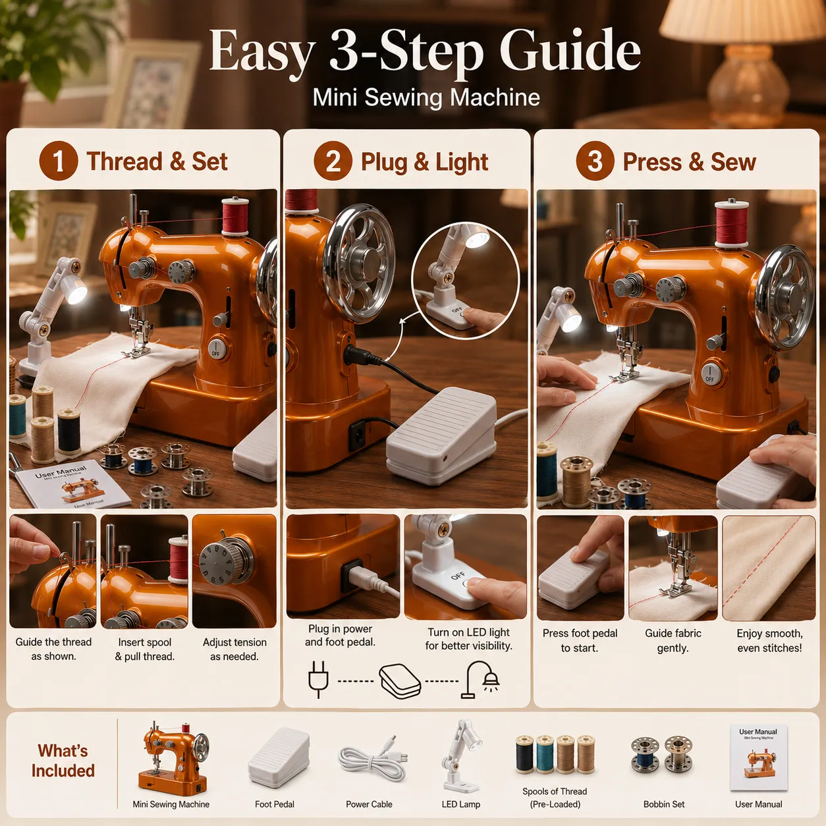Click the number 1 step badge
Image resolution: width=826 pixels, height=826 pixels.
59,161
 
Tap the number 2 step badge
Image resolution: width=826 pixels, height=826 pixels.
333,161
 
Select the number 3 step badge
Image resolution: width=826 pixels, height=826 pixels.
595,161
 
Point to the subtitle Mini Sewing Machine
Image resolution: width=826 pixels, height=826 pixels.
426,97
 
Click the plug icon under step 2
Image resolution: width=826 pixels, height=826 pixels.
319,679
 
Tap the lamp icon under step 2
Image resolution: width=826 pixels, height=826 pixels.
480,679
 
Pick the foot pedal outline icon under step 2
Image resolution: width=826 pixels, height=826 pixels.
400,681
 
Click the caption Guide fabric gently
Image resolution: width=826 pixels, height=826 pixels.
673,640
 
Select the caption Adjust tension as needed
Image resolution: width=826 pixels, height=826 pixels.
234,649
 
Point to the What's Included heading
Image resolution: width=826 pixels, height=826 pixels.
63,760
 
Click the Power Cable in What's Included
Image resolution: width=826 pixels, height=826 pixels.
373,759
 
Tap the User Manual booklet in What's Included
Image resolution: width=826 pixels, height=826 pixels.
759,757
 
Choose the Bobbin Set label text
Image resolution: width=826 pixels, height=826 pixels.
664,804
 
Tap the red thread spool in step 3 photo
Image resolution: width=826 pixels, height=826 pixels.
731,223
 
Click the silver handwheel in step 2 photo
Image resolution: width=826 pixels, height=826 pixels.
358,263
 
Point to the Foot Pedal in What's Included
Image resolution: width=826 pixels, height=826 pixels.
279,757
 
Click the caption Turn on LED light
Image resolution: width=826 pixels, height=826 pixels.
468,632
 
